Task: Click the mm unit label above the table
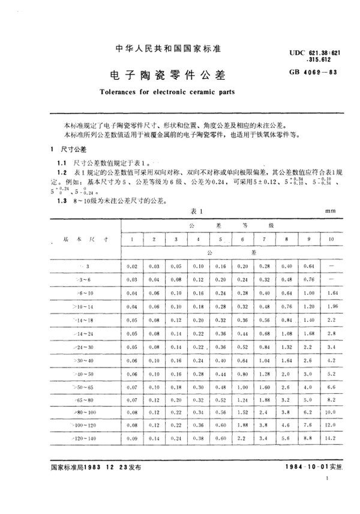click(329, 211)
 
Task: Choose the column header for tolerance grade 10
click(330, 240)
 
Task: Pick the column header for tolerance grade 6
click(243, 240)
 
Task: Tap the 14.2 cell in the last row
click(330, 440)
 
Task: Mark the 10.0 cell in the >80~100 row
click(330, 413)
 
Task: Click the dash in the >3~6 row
click(330, 279)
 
